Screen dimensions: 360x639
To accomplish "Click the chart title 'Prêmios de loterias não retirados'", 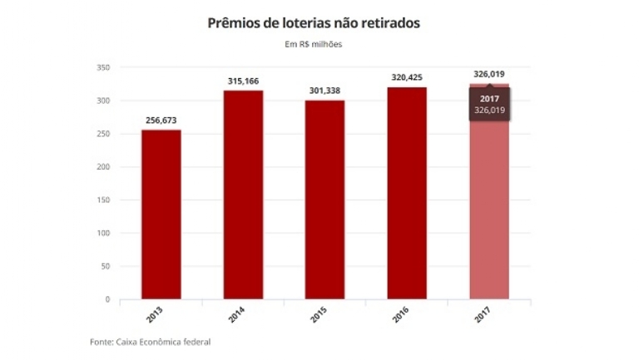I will [314, 23].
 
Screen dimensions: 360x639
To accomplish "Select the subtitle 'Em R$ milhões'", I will [314, 44].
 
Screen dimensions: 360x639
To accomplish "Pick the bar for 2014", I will [243, 195].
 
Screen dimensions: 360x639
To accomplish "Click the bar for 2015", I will [324, 200].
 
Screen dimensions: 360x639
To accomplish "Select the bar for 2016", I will [407, 193].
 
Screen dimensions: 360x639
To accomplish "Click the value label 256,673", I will [161, 121].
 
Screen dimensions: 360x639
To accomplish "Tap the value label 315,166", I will [243, 81].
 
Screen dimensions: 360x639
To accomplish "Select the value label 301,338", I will [324, 90].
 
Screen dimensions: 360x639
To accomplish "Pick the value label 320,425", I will [407, 77].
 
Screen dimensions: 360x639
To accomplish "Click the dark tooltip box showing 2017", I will [489, 104].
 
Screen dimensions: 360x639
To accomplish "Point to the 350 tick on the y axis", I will [103, 67].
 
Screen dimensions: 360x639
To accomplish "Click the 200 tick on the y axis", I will [103, 167].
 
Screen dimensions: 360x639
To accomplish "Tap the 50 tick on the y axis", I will [105, 266].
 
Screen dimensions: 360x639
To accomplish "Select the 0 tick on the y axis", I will [107, 299].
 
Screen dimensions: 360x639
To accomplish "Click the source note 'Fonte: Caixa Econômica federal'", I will [150, 342].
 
